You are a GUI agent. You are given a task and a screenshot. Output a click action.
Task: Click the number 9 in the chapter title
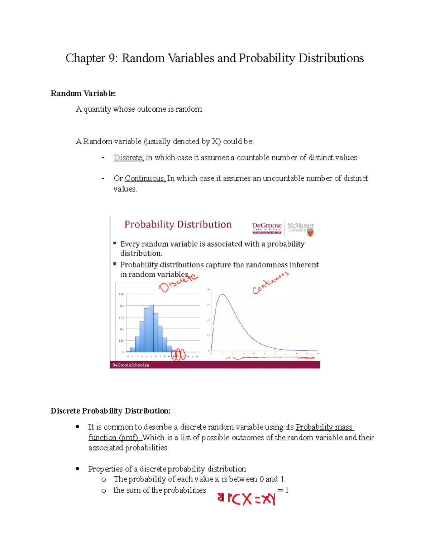point(111,58)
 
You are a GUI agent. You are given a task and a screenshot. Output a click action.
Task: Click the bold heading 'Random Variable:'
point(83,93)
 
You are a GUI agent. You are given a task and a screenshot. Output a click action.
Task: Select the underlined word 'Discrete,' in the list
point(129,158)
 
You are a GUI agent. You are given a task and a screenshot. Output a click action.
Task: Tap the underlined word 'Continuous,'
point(145,178)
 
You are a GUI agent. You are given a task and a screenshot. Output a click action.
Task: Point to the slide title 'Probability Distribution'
point(178,224)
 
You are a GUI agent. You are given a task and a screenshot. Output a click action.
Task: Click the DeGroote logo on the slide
point(267,228)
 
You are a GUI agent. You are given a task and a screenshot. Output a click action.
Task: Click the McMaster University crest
point(310,233)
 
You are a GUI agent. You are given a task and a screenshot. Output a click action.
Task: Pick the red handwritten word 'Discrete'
point(178,282)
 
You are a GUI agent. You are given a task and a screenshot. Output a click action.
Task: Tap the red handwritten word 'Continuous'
point(270,283)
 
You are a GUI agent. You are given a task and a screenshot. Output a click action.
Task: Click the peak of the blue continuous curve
point(223,295)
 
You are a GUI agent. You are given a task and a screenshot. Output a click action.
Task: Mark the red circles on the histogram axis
point(178,354)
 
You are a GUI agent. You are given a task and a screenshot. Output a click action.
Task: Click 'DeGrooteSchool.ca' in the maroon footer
point(130,365)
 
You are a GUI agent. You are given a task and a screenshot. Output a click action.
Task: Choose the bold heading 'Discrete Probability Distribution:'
point(110,411)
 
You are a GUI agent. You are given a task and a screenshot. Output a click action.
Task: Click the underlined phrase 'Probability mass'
point(324,427)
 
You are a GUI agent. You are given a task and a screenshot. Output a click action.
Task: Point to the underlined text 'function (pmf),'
point(114,437)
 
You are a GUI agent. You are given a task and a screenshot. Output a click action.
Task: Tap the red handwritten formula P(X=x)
point(246,498)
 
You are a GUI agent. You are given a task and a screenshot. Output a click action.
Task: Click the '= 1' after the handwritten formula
point(283,490)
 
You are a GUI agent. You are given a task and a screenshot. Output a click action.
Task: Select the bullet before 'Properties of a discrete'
point(77,469)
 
